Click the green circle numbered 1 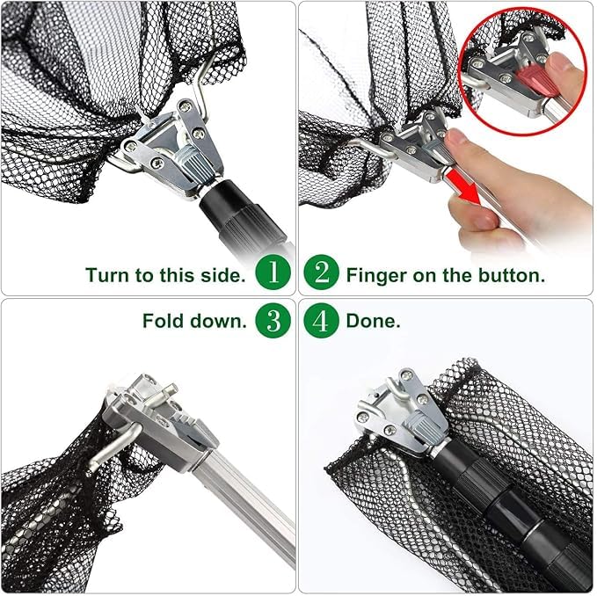273,273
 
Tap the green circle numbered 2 321,273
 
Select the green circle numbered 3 273,321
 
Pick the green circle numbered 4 321,321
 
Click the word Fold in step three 164,321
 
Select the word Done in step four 373,321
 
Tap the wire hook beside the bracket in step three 113,447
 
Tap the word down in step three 219,321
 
